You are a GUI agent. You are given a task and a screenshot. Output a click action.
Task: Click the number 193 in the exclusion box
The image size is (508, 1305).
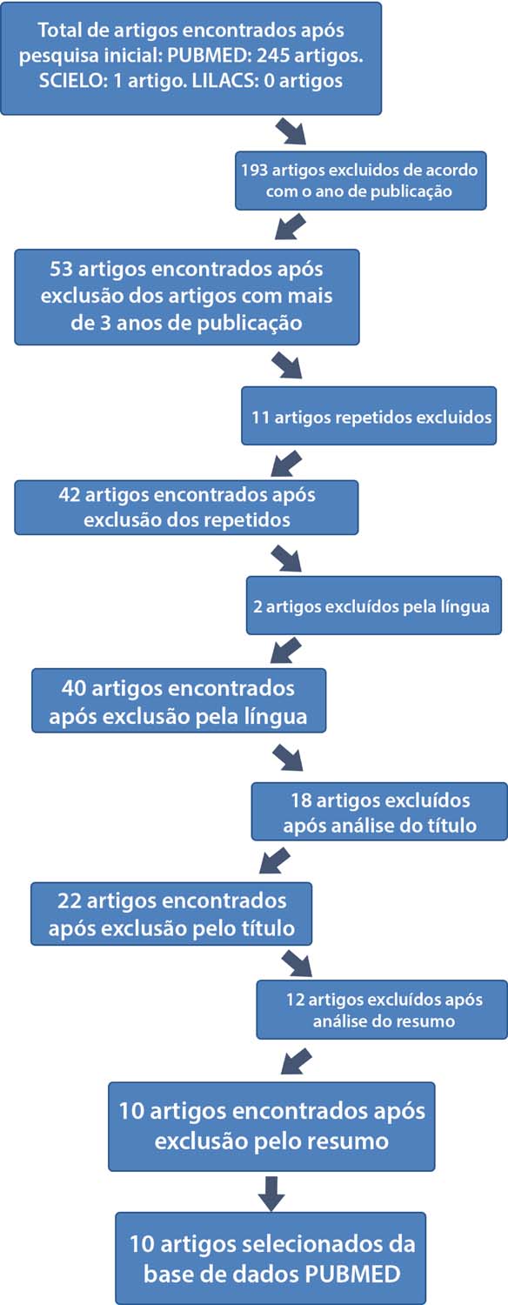pyautogui.click(x=255, y=171)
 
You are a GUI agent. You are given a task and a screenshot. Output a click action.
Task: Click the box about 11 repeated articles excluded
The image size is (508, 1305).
pyautogui.click(x=369, y=416)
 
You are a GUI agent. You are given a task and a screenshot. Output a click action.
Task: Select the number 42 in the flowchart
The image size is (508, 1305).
pyautogui.click(x=70, y=495)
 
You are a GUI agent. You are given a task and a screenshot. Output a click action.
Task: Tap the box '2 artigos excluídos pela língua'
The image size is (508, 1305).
pyautogui.click(x=373, y=606)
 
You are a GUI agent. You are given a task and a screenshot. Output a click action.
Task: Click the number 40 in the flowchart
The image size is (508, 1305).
pyautogui.click(x=74, y=689)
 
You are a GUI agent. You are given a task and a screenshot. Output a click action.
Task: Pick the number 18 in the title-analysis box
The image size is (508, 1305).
pyautogui.click(x=301, y=800)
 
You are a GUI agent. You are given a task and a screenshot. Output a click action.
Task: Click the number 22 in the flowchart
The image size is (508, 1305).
pyautogui.click(x=69, y=901)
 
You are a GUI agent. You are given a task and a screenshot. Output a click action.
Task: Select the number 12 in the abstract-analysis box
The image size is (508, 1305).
pyautogui.click(x=295, y=1000)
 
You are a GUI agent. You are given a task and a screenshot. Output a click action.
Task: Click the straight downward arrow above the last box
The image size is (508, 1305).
pyautogui.click(x=271, y=1193)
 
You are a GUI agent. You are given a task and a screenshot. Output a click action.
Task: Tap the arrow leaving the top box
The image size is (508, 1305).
pyautogui.click(x=291, y=131)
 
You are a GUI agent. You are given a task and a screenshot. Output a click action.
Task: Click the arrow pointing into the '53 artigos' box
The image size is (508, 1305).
pyautogui.click(x=291, y=226)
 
